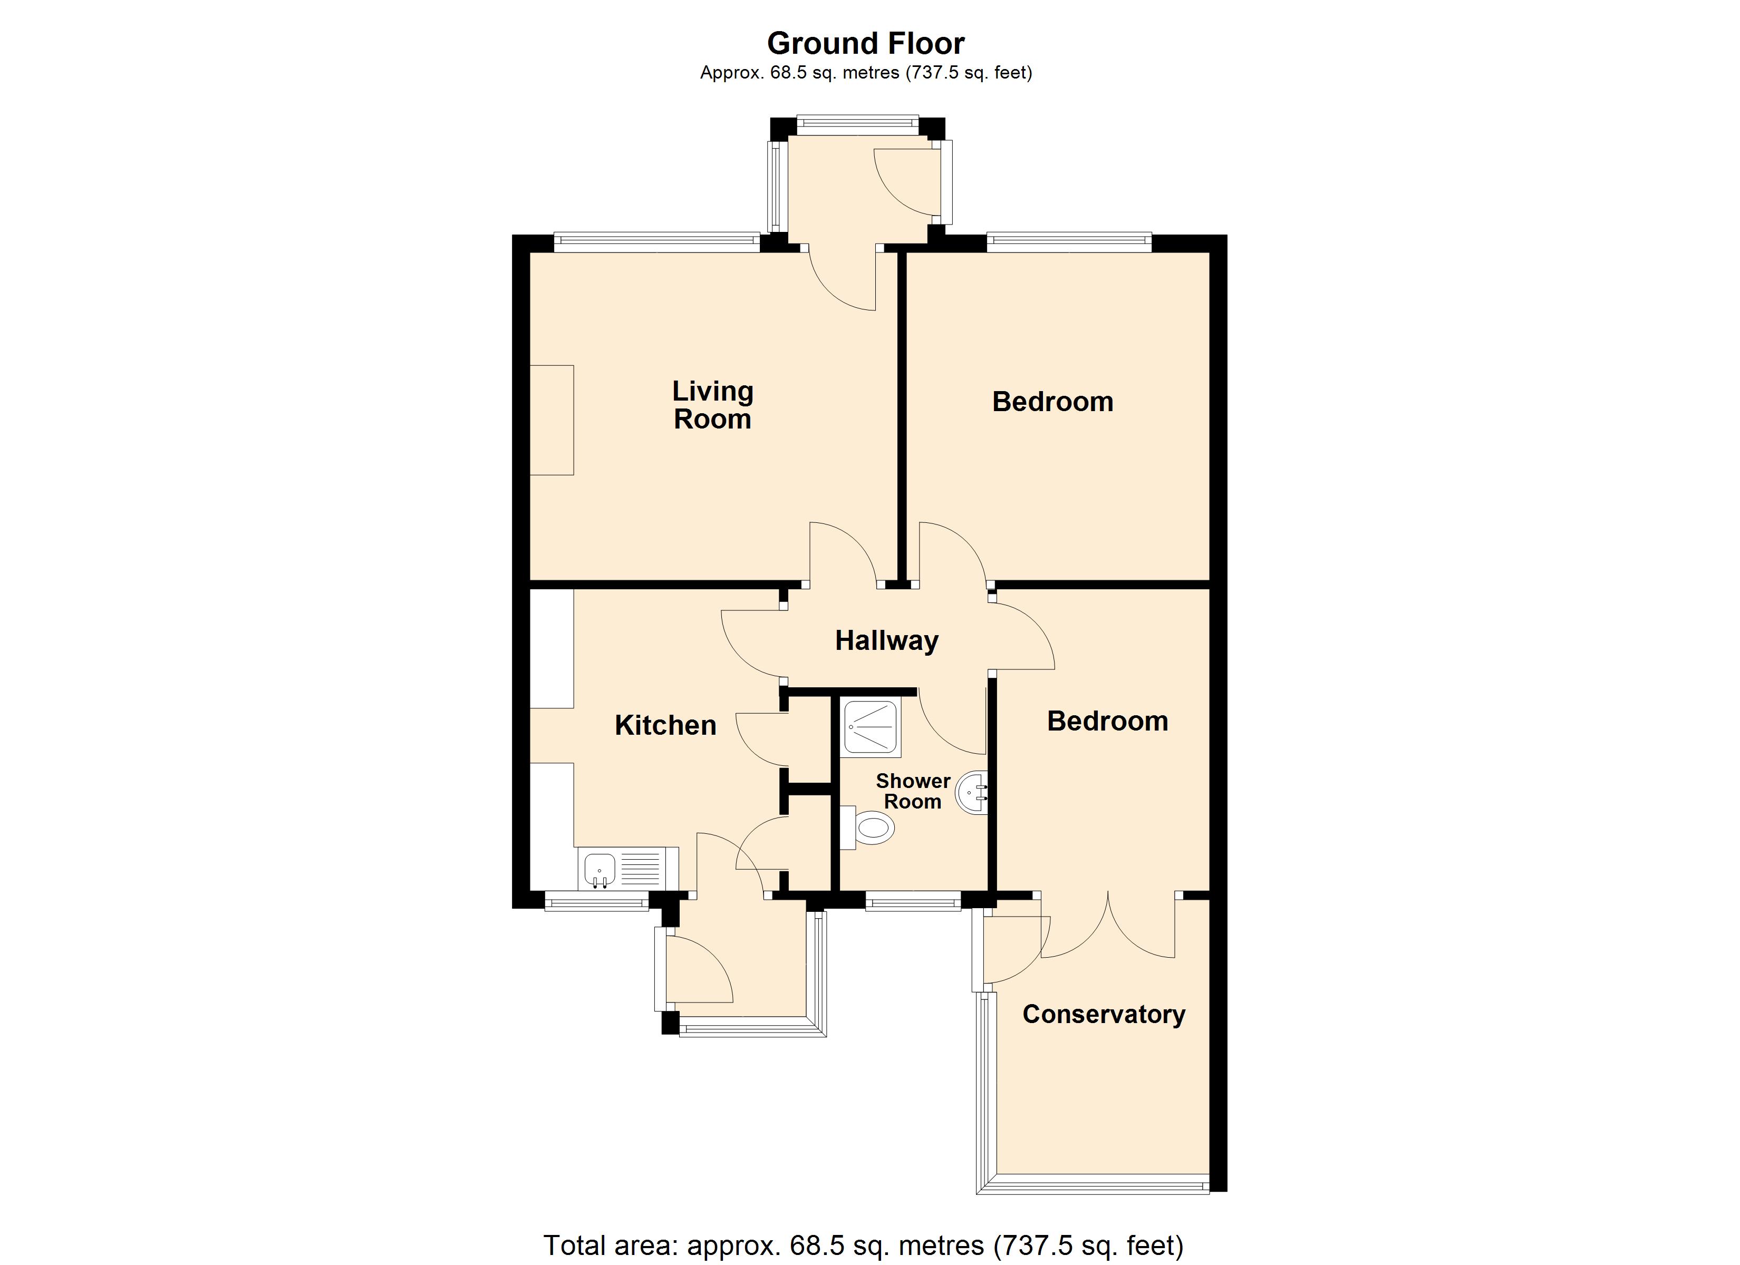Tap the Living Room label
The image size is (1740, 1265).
(x=713, y=405)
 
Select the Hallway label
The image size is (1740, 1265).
(x=887, y=640)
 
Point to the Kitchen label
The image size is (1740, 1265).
(x=665, y=725)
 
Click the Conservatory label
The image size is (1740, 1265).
(x=1104, y=1014)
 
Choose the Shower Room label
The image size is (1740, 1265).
(x=913, y=791)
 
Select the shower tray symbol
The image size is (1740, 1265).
(x=871, y=726)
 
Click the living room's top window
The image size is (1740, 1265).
(x=656, y=242)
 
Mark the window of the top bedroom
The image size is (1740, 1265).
(x=1069, y=242)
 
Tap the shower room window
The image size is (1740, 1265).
(x=913, y=901)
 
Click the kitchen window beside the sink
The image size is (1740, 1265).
(x=597, y=901)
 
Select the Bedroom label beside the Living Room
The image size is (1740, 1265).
(x=1052, y=402)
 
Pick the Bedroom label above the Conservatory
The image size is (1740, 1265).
(x=1107, y=721)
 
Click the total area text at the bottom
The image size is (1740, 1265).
(x=863, y=1245)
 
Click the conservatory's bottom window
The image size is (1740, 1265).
(x=1093, y=1184)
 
